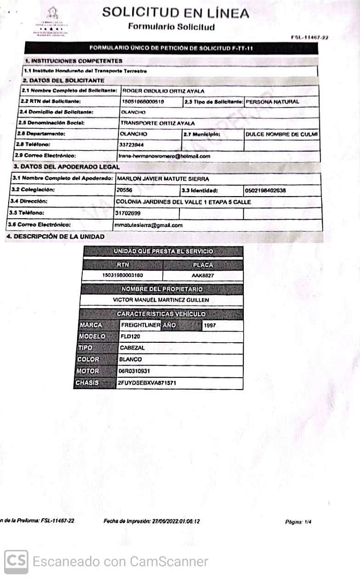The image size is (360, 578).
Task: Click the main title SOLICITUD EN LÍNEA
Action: [x=175, y=13]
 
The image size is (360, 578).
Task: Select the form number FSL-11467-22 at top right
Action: [x=309, y=38]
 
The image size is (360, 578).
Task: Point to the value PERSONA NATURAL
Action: [x=273, y=102]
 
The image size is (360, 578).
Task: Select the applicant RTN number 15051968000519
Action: [x=142, y=102]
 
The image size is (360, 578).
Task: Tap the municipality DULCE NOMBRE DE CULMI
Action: [x=281, y=134]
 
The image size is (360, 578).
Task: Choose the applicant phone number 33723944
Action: [x=132, y=145]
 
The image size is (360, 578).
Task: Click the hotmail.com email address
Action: [x=165, y=156]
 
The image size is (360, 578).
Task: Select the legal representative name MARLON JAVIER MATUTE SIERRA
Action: [x=162, y=179]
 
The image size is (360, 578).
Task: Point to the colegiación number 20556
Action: [x=124, y=190]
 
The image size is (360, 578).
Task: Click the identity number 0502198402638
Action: [x=265, y=190]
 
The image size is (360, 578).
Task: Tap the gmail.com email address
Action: [x=149, y=225]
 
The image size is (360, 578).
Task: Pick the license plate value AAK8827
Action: [x=203, y=275]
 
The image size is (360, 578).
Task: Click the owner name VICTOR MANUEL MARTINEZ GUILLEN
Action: [x=161, y=300]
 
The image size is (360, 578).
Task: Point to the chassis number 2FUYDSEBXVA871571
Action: [x=147, y=383]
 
